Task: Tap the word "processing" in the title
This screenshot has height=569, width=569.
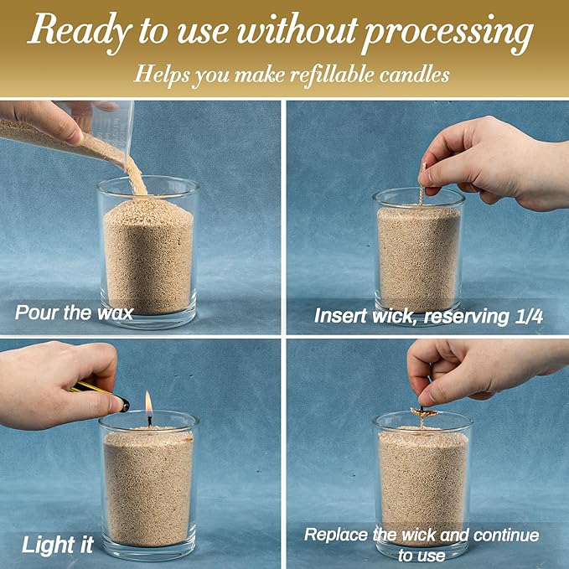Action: pos(449,34)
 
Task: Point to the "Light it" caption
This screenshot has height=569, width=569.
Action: pos(57,544)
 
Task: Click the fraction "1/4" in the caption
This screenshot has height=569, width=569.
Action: pos(525,316)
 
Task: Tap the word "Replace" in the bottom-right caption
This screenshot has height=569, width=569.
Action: pos(335,534)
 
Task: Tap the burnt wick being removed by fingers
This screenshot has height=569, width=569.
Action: pos(421,413)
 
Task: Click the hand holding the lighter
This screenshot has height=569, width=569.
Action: pos(59,373)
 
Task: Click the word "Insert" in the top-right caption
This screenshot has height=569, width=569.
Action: pos(339,316)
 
